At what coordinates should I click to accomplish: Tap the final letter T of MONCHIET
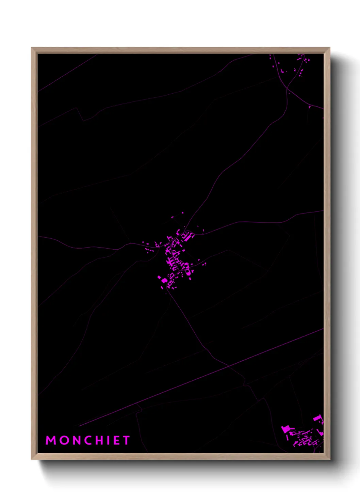[126, 440]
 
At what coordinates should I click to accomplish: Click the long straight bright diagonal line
[204, 375]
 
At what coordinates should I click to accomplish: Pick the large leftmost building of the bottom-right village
[285, 429]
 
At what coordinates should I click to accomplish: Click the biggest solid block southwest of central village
[164, 281]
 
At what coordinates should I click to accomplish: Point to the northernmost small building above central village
[183, 213]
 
